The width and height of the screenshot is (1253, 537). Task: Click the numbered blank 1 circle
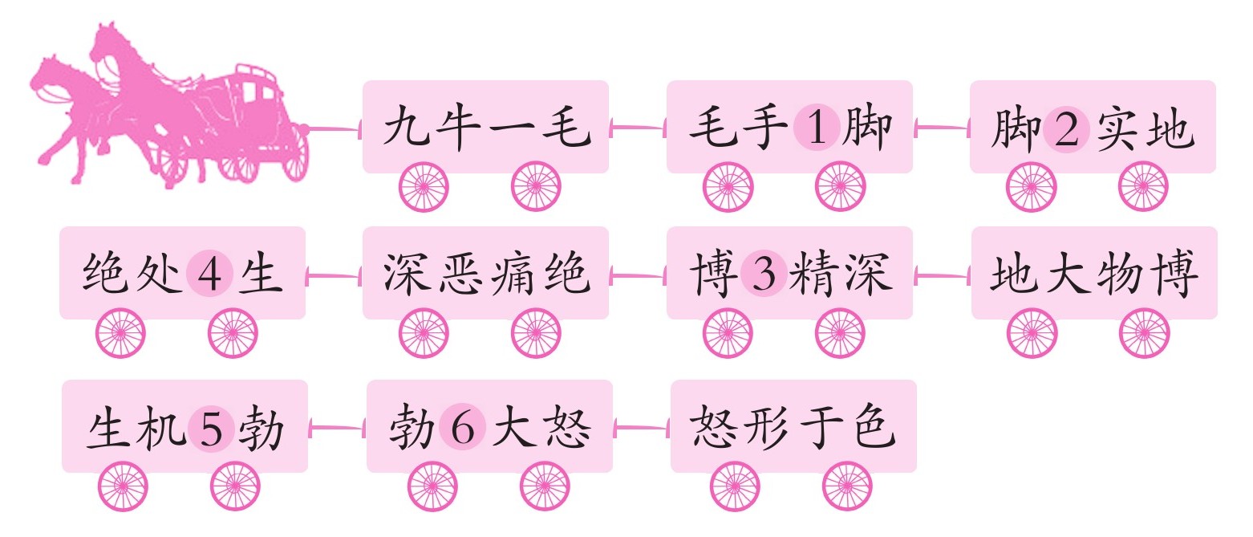click(817, 129)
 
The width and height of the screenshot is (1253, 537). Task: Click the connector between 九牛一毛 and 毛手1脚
click(638, 127)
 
